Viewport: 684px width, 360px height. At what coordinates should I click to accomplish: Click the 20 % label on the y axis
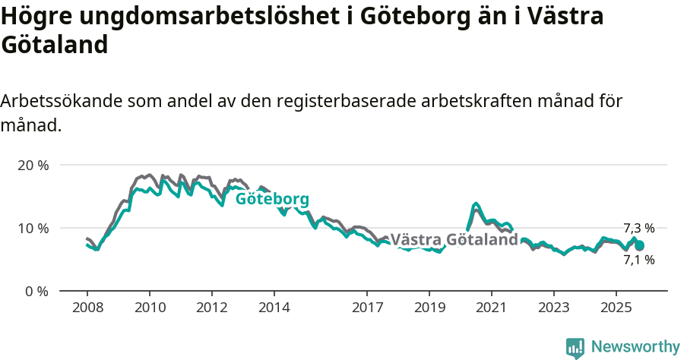pos(32,165)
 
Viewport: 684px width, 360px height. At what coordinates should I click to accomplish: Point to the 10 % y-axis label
pos(32,228)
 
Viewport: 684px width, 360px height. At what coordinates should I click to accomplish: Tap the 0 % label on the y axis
pos(36,291)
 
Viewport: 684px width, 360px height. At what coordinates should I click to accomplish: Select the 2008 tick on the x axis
pos(87,309)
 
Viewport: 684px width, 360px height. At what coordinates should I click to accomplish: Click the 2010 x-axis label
pos(149,309)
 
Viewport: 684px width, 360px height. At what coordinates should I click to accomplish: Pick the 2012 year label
pos(211,309)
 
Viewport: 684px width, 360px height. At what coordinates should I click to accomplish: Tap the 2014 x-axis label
pos(274,309)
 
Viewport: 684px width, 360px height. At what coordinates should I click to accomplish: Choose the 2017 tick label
pos(367,309)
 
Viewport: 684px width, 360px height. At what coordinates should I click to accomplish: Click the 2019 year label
pos(429,309)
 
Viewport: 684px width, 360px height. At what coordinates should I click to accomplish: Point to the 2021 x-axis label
pos(492,309)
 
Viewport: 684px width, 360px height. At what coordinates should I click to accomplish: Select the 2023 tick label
pos(554,309)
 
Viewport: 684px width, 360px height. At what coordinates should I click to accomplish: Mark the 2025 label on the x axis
pos(616,309)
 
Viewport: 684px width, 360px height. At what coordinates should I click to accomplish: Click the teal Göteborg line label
pos(272,200)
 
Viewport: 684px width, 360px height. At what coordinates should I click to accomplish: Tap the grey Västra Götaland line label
pos(454,240)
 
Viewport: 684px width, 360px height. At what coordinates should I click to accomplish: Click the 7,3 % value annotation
pos(638,228)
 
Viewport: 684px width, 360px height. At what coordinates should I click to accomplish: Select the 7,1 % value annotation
pos(638,260)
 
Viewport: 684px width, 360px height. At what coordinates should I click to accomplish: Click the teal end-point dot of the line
pos(639,245)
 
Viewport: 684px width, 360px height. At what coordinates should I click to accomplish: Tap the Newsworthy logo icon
pos(575,347)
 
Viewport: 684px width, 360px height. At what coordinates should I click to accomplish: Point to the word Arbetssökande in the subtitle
pos(62,101)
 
